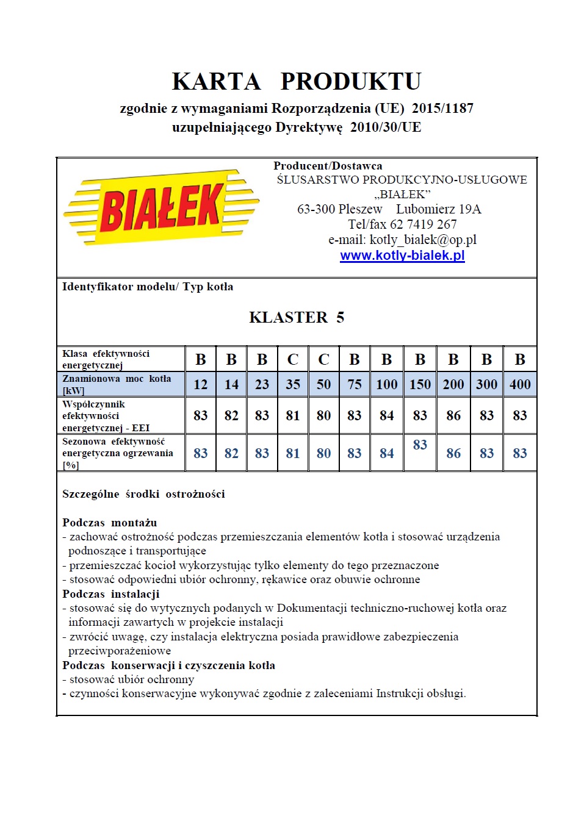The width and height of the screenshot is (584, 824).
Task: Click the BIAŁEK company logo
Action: pos(161,207)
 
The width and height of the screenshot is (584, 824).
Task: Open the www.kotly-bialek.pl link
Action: pos(402,256)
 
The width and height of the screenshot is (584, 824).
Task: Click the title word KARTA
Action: pos(216,81)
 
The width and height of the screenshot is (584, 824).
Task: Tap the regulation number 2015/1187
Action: pos(442,109)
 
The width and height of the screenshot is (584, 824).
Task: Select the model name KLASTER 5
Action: pos(297,317)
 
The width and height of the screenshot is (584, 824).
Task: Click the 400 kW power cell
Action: pos(520,385)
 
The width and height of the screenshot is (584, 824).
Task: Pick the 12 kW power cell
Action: pos(201,385)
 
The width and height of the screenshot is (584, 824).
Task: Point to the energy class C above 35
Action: pos(293,360)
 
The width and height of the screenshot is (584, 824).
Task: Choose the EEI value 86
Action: pos(453,416)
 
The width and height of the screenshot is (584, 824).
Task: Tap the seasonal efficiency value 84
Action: pos(387,454)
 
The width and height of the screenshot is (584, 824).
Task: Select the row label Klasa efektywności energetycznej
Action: pos(106,359)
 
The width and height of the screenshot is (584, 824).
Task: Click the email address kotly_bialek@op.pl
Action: pos(423,240)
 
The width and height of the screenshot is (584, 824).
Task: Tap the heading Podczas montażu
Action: pos(110,523)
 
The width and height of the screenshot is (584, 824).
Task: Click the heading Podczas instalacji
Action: pos(111,594)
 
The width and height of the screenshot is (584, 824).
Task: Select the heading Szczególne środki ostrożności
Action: pos(143,494)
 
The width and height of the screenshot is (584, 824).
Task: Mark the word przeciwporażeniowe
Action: pos(120,651)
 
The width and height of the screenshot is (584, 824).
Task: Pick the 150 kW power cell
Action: pos(420,385)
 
